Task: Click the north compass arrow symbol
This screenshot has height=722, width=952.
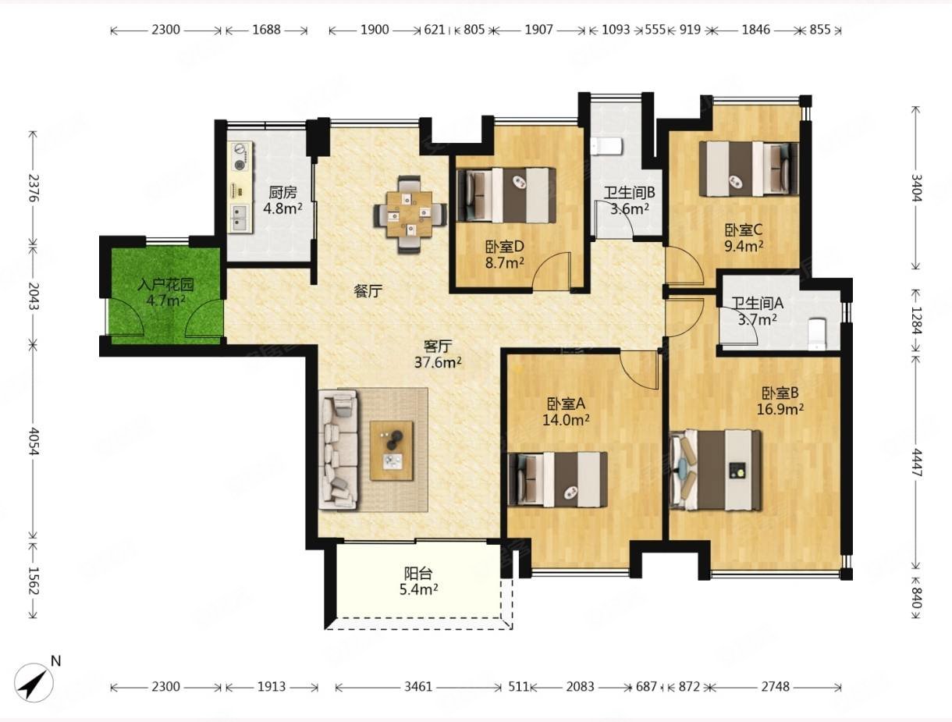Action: (34, 684)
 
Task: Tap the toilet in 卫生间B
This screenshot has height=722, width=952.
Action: (606, 146)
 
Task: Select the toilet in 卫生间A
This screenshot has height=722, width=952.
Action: (818, 334)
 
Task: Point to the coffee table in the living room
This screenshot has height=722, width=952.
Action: (391, 450)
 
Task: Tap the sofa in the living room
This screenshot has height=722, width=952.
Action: (339, 450)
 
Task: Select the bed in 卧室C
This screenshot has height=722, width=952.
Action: (749, 169)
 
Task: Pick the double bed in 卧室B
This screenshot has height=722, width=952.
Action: (716, 470)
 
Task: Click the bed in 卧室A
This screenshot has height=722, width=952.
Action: (558, 479)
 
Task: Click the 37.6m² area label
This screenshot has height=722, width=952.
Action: (438, 362)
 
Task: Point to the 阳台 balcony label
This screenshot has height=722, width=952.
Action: (418, 574)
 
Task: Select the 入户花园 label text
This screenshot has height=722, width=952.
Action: (165, 284)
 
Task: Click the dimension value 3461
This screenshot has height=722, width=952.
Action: (418, 686)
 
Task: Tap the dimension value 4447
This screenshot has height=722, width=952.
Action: (915, 462)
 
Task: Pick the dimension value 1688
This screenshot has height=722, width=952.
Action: (266, 30)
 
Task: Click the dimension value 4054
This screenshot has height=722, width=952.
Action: (34, 442)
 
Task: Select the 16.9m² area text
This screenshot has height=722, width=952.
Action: (780, 409)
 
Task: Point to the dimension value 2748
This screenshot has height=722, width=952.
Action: (776, 686)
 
